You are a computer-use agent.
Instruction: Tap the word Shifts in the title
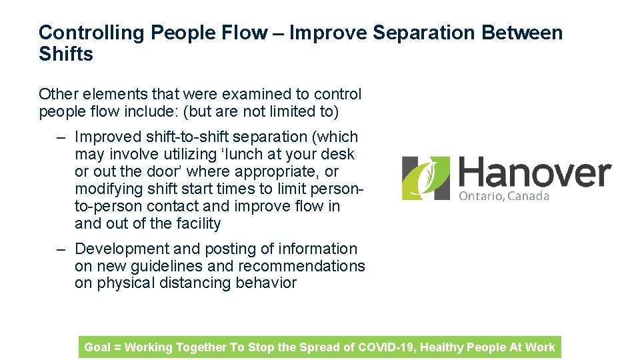(66, 54)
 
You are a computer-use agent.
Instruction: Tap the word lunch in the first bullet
(246, 154)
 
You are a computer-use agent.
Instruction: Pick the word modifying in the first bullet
(108, 189)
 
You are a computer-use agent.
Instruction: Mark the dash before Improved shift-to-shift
(61, 137)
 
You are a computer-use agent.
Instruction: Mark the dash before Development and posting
(61, 249)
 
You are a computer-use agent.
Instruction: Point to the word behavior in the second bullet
(266, 283)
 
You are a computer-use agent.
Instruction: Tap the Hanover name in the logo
(534, 173)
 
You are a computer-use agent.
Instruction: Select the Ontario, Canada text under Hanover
(504, 196)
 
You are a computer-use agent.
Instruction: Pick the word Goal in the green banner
(97, 347)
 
